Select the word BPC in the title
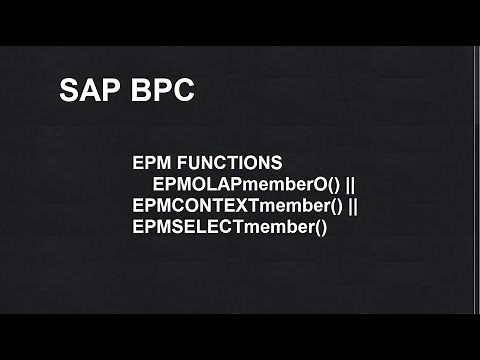click(161, 90)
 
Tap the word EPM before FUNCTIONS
click(150, 161)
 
